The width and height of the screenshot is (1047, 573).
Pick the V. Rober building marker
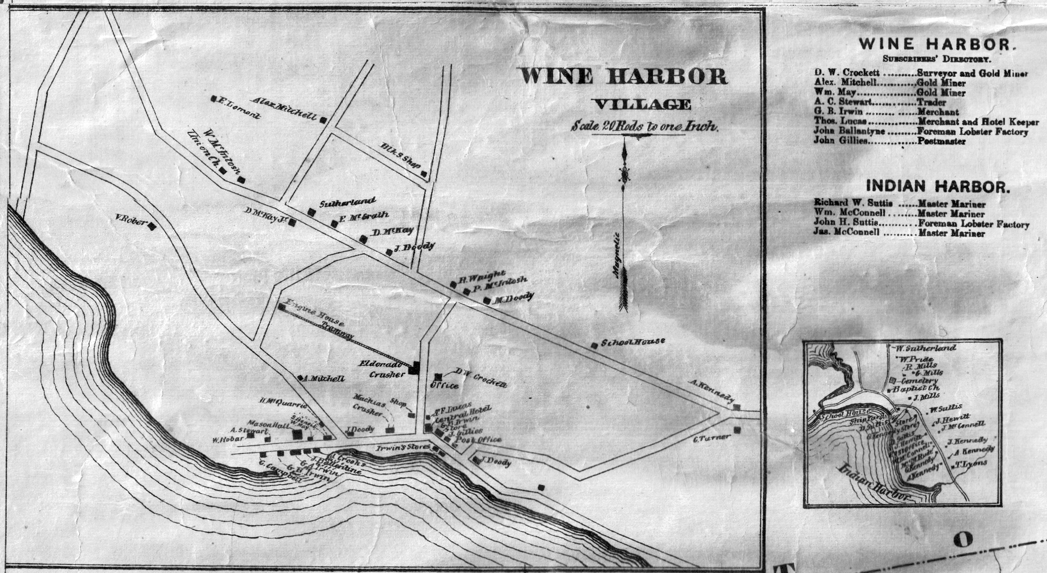152,226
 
